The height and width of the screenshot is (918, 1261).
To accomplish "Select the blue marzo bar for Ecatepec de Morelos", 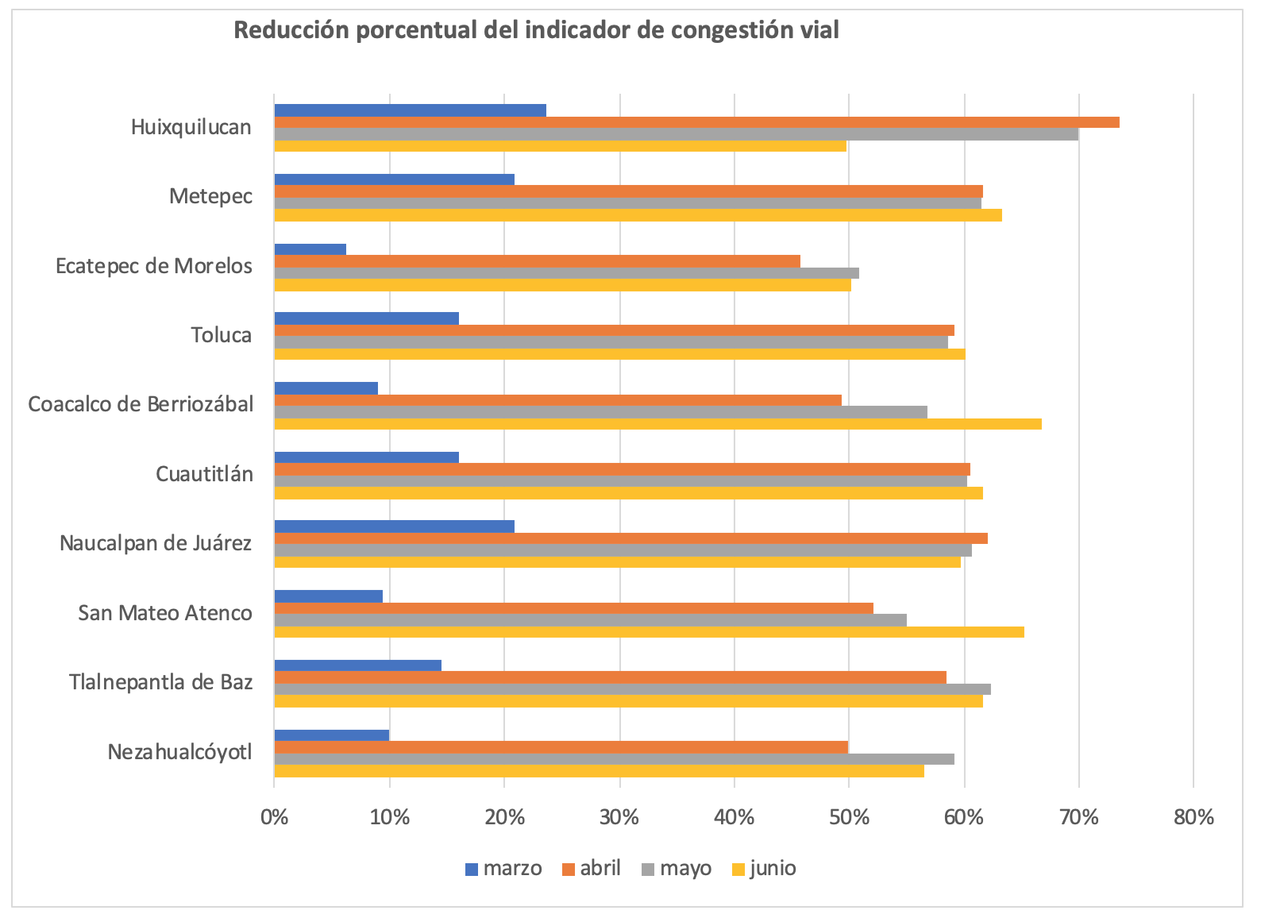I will click(x=310, y=249).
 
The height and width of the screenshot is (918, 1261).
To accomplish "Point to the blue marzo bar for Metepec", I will click(x=395, y=179).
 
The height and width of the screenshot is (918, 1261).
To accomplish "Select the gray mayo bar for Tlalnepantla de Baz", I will click(x=632, y=689).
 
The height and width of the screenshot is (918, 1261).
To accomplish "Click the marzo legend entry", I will click(x=504, y=868).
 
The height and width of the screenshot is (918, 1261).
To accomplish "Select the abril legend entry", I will click(x=592, y=868).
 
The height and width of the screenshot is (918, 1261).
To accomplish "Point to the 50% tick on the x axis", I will click(x=849, y=816).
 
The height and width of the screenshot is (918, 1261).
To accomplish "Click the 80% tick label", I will click(x=1194, y=816).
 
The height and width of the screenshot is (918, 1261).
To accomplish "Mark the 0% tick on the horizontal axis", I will click(x=275, y=816).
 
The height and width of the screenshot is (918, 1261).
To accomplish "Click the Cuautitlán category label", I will click(x=204, y=474).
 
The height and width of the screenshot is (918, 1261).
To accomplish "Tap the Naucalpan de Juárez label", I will click(x=156, y=543).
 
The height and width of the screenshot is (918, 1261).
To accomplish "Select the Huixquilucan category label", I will click(x=191, y=127).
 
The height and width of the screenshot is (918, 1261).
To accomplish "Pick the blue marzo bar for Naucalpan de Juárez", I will click(x=395, y=526).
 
